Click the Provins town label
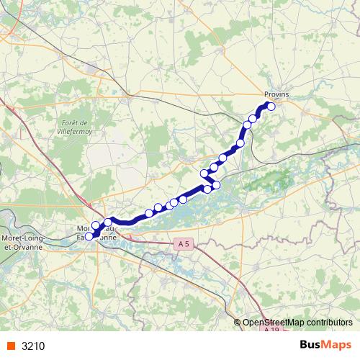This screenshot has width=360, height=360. coord(276,94)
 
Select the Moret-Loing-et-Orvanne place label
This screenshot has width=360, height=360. coord(22,242)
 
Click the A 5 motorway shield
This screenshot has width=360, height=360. coord(184,245)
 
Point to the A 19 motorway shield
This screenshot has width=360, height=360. coord(271,330)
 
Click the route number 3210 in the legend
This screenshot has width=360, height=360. coord(33,346)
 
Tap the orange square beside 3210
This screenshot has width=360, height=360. coord(11,346)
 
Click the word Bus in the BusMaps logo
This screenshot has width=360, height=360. coord(311,346)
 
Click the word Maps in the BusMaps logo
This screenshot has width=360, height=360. coord(338,346)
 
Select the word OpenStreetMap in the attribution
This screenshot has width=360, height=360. coord(273,323)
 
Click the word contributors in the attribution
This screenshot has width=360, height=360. coord(328,323)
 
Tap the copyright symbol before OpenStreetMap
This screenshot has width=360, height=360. coord(238,323)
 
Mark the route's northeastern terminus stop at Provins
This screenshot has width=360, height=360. coord(271,106)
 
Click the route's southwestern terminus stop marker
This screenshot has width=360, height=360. coord(89,236)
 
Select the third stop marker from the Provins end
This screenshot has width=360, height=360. coord(247,125)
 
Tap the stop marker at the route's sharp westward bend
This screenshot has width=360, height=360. coord(204,173)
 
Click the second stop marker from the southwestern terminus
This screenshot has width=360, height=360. coord(96,225)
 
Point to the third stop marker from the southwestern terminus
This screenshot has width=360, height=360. coord(108,222)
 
